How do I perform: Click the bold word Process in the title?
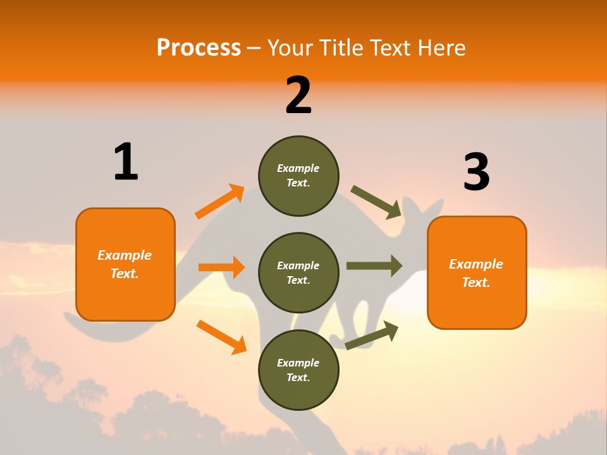point(199,47)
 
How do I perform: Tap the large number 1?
point(126,162)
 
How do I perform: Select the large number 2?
point(298,95)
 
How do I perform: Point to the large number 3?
point(476,172)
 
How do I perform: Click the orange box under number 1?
point(125,264)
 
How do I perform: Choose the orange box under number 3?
point(477,272)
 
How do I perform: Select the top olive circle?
point(298,176)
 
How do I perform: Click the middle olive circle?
point(298,272)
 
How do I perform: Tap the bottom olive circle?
point(298,370)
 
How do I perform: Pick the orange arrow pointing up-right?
point(220,202)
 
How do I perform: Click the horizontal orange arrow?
point(221,267)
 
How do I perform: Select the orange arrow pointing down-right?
point(221,337)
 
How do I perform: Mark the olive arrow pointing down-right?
point(376,202)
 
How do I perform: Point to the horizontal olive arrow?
point(374,266)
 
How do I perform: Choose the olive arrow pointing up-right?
point(372,335)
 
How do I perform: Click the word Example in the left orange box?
point(125,255)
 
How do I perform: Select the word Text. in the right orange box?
point(476,282)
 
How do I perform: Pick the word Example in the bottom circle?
point(298,363)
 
